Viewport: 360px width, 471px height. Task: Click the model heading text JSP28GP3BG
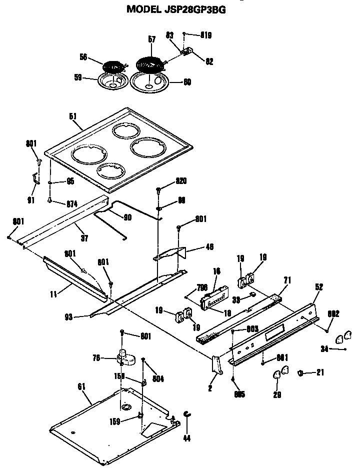click(172, 8)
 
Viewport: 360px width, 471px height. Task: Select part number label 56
click(83, 57)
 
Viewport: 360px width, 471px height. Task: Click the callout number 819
click(206, 35)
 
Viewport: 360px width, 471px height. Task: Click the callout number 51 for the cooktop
click(72, 116)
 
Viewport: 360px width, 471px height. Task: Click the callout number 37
click(84, 238)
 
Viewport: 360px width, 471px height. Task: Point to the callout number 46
click(209, 246)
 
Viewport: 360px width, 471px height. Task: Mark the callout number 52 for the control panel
click(318, 287)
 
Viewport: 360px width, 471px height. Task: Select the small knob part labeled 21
click(301, 372)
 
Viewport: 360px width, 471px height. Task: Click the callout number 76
click(97, 357)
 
